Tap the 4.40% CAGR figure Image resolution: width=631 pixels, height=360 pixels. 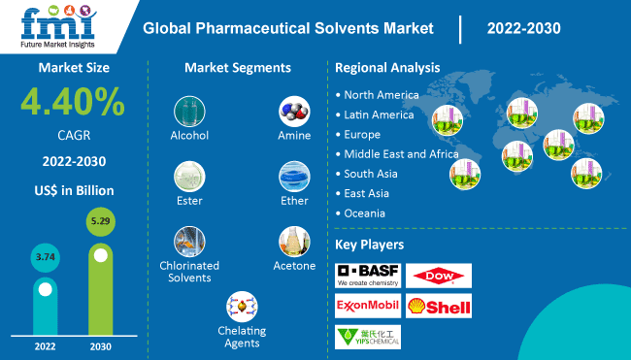[x=73, y=103]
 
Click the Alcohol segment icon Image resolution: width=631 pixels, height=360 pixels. [x=189, y=111]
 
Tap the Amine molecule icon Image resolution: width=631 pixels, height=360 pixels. [x=294, y=111]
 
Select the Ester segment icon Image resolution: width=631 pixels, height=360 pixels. [x=189, y=177]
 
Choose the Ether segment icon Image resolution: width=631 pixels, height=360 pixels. [x=294, y=177]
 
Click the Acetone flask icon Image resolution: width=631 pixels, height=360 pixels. [x=294, y=242]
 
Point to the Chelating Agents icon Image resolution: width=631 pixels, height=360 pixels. [x=242, y=307]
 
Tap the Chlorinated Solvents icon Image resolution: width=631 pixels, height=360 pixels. [x=189, y=242]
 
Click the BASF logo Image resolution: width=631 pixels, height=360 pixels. [x=367, y=275]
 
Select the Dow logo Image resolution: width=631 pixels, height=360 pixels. [x=438, y=275]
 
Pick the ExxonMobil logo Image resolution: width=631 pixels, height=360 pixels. [x=367, y=306]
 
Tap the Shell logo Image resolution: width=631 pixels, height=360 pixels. [x=438, y=306]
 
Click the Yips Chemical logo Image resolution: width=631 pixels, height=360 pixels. [x=367, y=337]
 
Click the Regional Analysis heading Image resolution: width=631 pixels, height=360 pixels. [x=387, y=68]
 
